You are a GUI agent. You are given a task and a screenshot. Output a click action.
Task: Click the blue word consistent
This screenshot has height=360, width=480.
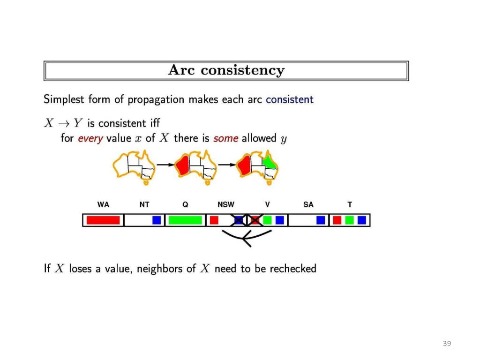(x=289, y=99)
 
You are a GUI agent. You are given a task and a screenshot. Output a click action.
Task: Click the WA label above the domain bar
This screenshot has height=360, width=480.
(x=103, y=204)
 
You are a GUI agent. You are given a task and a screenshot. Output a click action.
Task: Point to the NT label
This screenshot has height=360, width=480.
(x=144, y=204)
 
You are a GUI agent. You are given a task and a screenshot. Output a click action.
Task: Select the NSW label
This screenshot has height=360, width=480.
(x=226, y=204)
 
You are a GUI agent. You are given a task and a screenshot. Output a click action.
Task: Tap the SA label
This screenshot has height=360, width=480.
(x=308, y=204)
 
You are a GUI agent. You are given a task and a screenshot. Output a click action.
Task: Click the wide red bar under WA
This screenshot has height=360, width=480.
(x=103, y=220)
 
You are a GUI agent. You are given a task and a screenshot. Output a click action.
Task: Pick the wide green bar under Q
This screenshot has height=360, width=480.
(x=185, y=220)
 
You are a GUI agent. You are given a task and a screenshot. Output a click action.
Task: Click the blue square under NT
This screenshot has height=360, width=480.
(x=157, y=220)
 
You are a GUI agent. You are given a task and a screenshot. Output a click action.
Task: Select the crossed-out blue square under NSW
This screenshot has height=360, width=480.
(x=239, y=220)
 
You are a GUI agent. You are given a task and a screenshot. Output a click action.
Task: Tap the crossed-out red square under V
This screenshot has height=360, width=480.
(x=255, y=220)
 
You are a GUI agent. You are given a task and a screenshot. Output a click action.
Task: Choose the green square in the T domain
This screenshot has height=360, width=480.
(x=349, y=220)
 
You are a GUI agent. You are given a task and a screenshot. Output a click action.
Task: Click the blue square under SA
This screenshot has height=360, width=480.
(x=321, y=220)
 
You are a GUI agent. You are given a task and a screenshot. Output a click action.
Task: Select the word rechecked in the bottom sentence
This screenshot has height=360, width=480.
(x=293, y=269)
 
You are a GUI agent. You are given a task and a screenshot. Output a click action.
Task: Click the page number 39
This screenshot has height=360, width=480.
(x=447, y=344)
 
